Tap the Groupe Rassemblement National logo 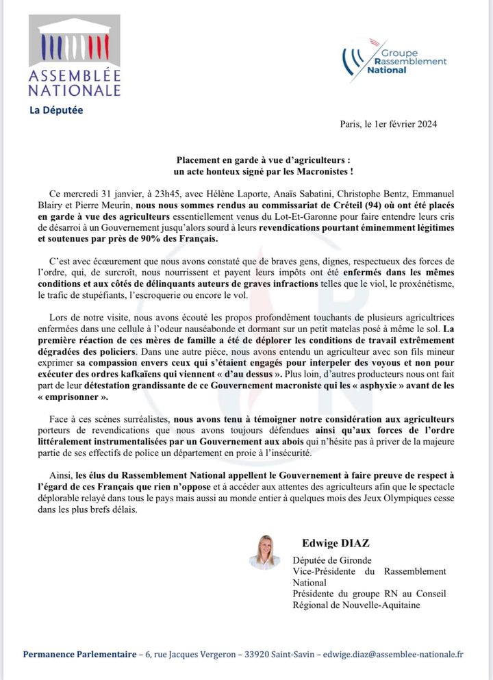(x=394, y=60)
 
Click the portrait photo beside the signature (x=264, y=552)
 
